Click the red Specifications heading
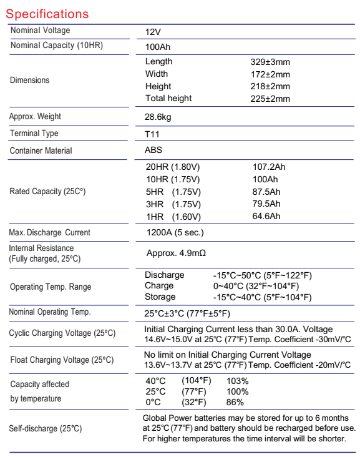pyautogui.click(x=47, y=13)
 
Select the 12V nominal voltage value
pyautogui.click(x=153, y=31)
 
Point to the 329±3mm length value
pyautogui.click(x=270, y=62)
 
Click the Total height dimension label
pyautogui.click(x=168, y=98)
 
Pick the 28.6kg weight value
pyautogui.click(x=158, y=117)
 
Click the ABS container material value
pyautogui.click(x=153, y=150)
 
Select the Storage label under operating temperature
pyautogui.click(x=160, y=297)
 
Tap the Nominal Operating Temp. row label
pyautogui.click(x=50, y=312)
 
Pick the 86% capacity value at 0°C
pyautogui.click(x=235, y=403)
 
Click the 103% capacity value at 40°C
pyautogui.click(x=237, y=381)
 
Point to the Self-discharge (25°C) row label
pyautogui.click(x=46, y=428)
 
